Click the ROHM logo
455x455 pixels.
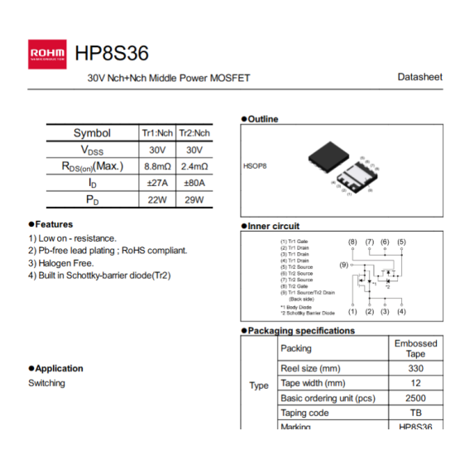(47, 54)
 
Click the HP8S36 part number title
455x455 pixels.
(112, 54)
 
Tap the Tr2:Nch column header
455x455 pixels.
(194, 133)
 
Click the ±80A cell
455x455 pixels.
(194, 183)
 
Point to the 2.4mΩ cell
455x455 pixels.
(194, 166)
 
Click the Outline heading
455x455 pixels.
(262, 119)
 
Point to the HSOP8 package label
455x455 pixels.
(255, 165)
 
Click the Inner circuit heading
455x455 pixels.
(273, 226)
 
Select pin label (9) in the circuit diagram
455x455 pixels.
(344, 265)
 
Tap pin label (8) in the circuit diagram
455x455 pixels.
(352, 242)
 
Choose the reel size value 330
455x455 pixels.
(415, 368)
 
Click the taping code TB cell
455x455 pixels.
(415, 413)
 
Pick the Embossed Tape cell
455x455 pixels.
(415, 348)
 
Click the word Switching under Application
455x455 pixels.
(46, 383)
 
